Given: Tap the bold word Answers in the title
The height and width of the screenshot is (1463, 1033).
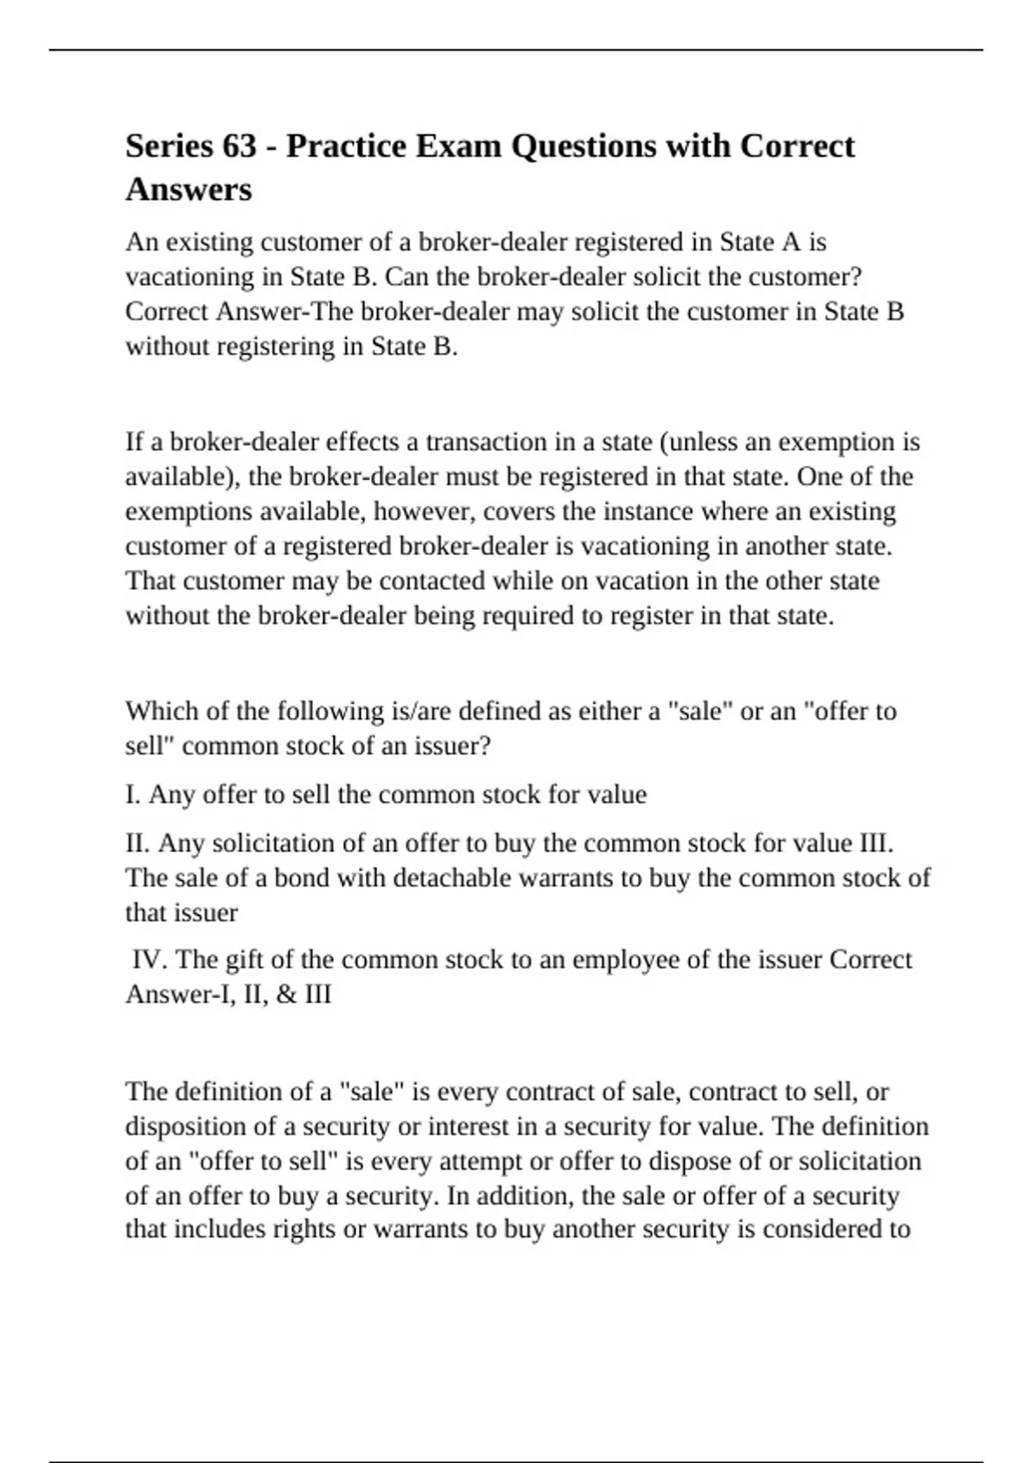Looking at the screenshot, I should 189,189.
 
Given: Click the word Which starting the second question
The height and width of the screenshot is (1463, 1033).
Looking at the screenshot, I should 158,712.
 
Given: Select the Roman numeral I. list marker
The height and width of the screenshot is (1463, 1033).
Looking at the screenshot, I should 133,794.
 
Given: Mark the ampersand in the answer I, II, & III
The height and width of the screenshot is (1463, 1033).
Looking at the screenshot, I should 288,995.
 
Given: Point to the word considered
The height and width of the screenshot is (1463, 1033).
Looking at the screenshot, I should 819,1230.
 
